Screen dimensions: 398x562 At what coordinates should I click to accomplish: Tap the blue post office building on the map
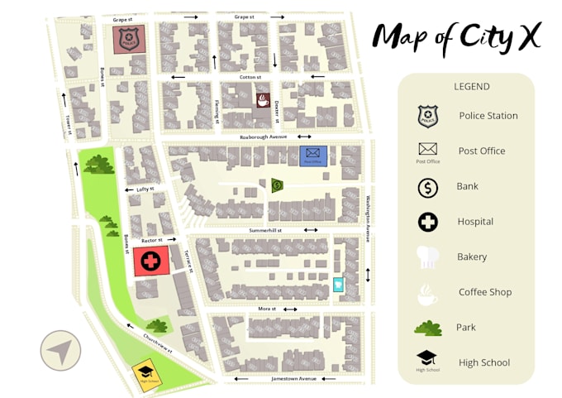click(313, 155)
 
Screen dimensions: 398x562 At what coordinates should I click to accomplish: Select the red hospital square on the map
click(150, 261)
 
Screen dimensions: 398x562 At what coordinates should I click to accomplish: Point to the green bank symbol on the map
click(277, 185)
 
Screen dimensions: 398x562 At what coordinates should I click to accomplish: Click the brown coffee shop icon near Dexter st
click(262, 101)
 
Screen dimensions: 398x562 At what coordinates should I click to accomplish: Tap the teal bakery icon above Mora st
click(338, 285)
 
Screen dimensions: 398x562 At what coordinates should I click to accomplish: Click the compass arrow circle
click(60, 351)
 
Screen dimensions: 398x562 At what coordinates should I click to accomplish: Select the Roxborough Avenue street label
click(263, 137)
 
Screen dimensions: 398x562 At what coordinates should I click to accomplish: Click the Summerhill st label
click(266, 230)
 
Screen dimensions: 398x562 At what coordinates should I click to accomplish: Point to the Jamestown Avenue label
click(294, 378)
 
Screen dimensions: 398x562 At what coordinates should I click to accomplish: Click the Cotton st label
click(250, 77)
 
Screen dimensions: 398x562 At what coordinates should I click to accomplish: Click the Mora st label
click(266, 309)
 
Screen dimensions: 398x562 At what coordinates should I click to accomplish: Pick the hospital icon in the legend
click(427, 222)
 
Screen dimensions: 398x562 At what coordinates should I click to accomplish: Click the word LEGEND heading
click(471, 86)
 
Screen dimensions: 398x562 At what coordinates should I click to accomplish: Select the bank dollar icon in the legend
click(427, 188)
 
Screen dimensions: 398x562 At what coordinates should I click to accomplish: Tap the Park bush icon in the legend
click(427, 328)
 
